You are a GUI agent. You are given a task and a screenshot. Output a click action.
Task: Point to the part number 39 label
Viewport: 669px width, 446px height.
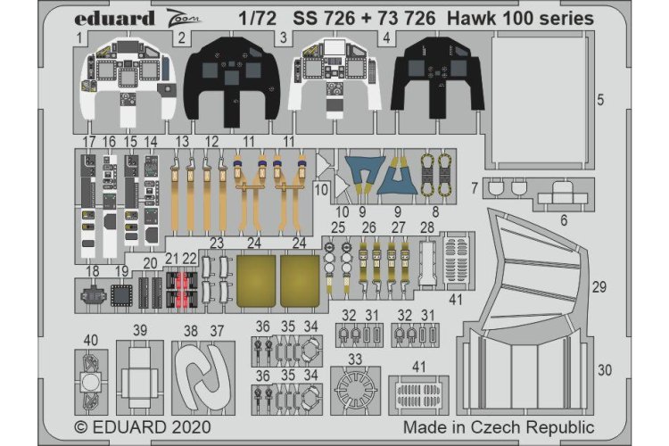point(139,330)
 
